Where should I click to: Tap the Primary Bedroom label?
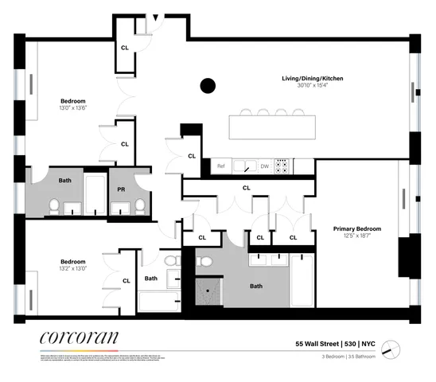tap(356, 229)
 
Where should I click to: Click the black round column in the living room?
tap(208, 85)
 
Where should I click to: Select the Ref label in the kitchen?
tap(222, 166)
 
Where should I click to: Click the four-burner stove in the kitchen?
tap(282, 166)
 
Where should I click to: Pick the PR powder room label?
tap(121, 191)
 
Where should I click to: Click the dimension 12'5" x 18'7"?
tap(356, 236)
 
